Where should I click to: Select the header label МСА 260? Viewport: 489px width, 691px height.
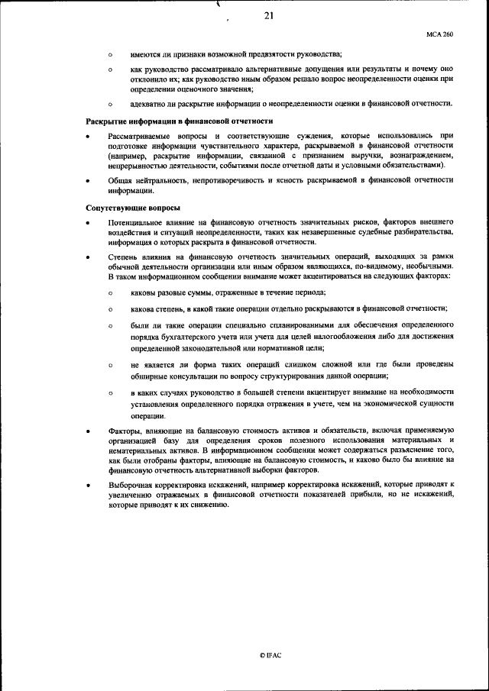[x=440, y=34]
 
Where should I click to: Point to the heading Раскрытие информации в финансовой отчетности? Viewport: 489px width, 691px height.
[x=179, y=121]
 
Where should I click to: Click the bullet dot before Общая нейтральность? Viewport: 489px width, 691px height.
[x=89, y=182]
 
